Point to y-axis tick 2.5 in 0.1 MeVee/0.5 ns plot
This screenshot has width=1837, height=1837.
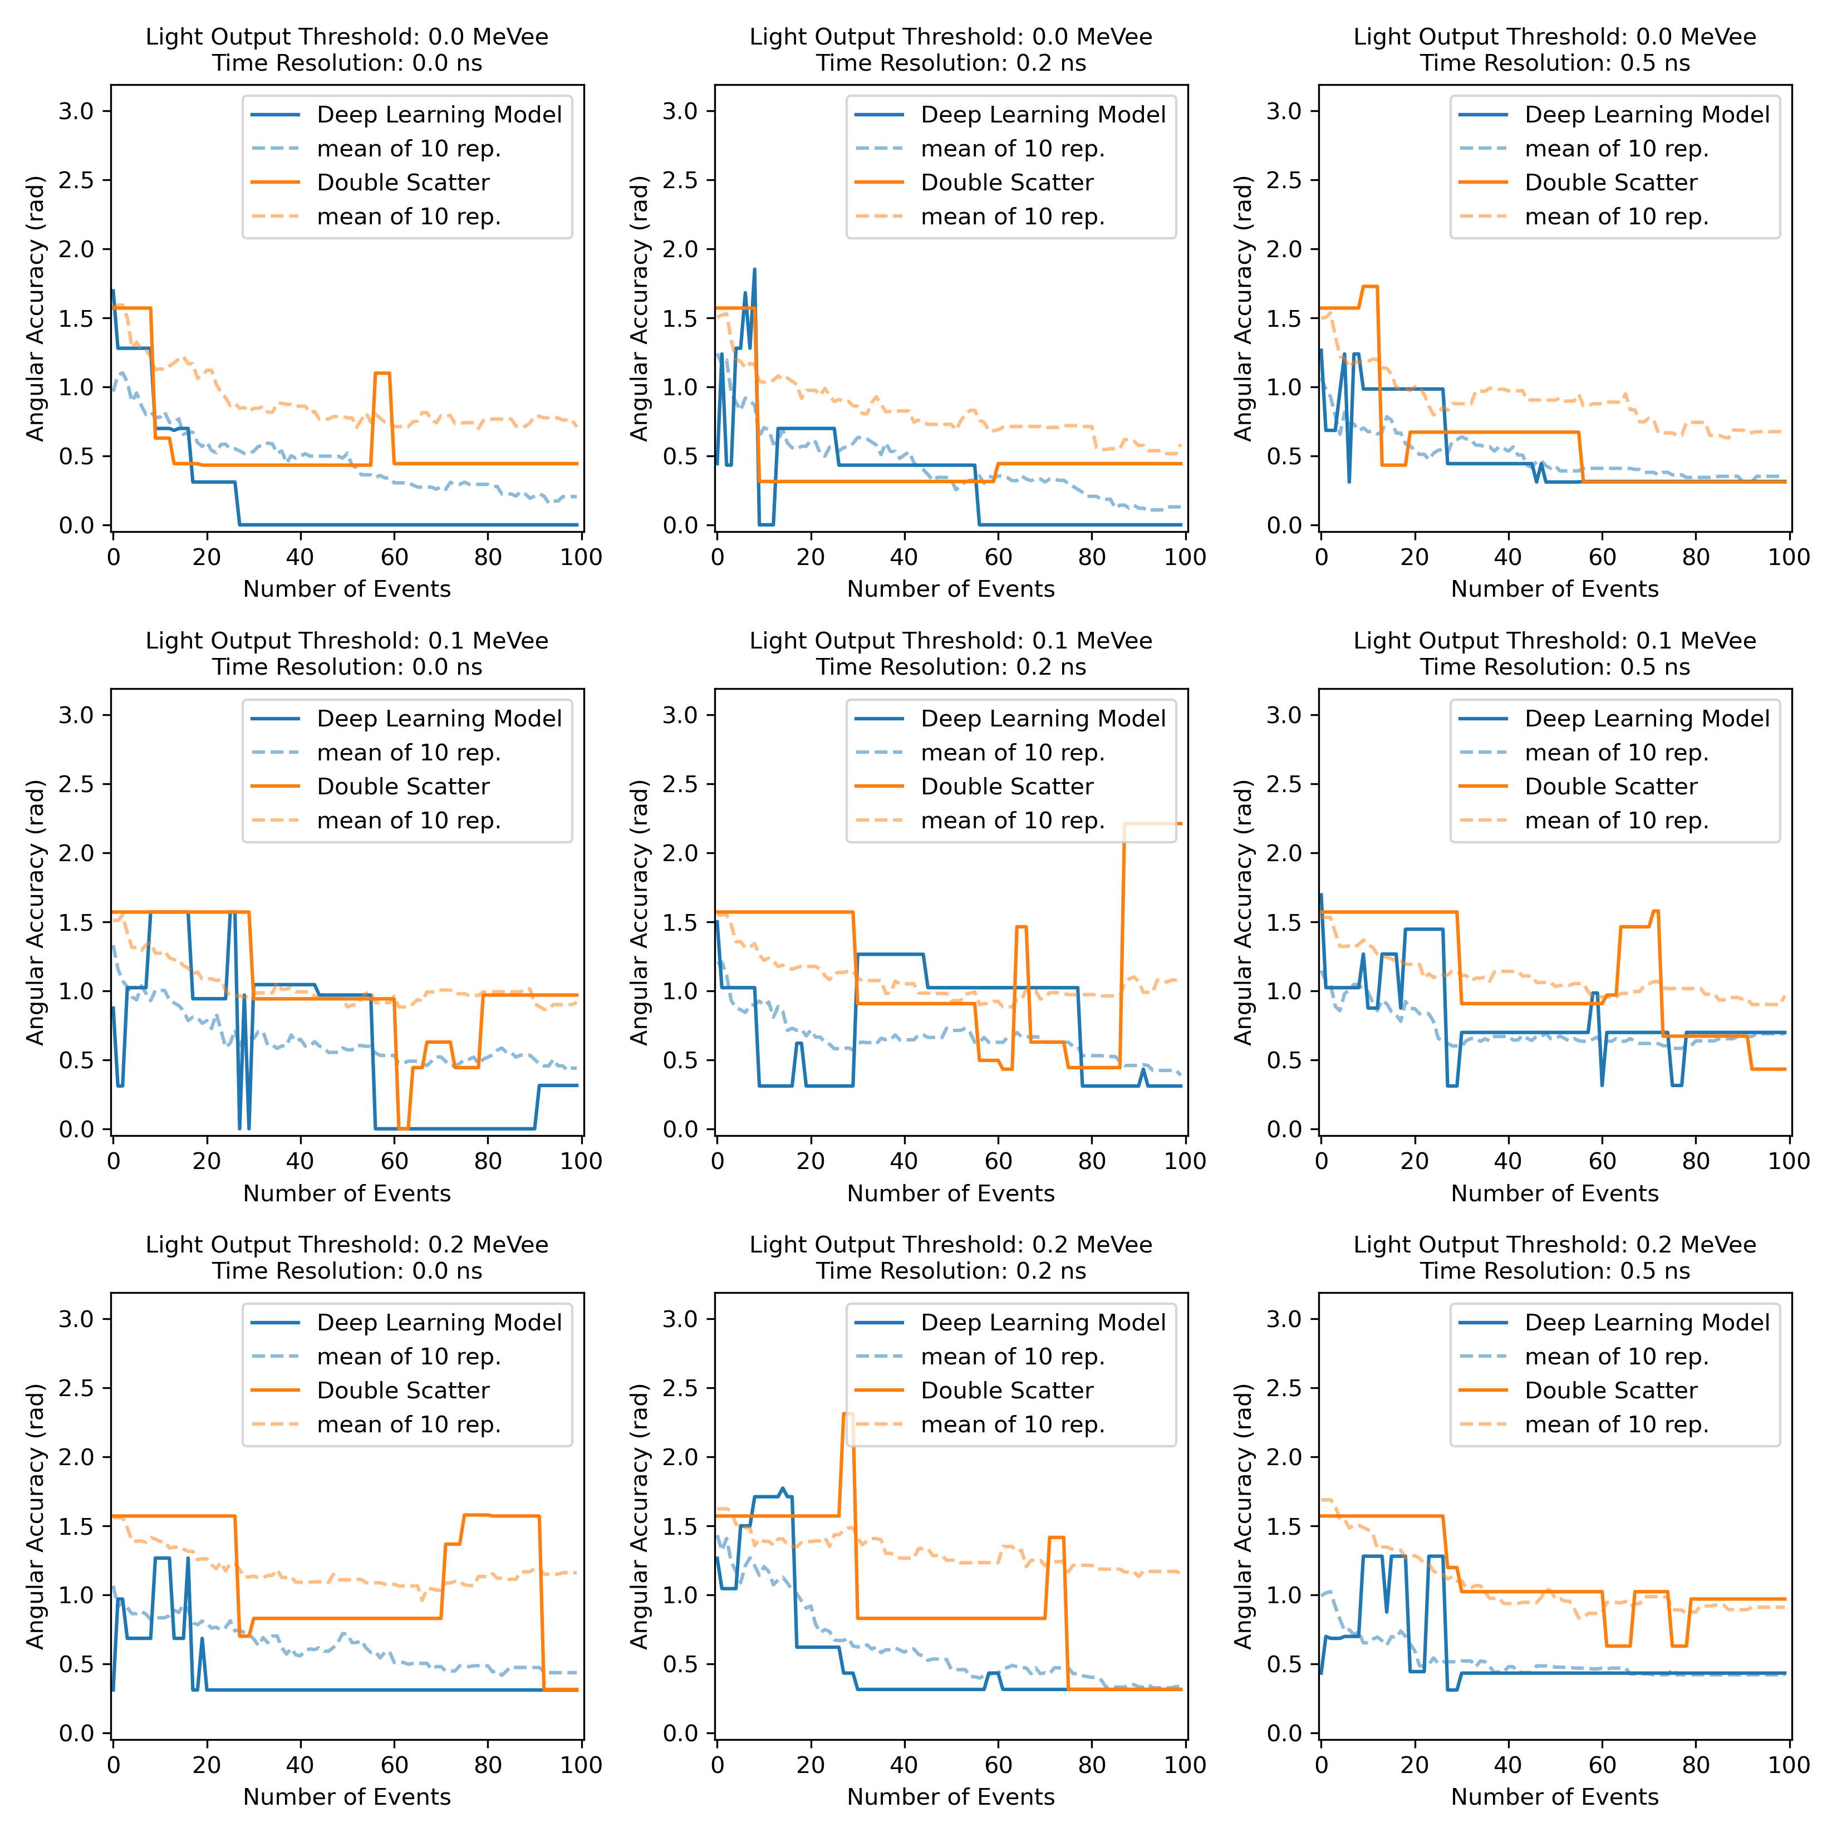click(x=1284, y=784)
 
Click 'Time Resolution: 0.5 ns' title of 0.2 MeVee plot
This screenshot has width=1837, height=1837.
click(x=1555, y=1271)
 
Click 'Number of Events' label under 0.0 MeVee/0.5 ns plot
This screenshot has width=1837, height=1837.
click(x=1555, y=590)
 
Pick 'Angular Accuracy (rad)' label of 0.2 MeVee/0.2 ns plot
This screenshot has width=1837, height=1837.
click(x=639, y=1516)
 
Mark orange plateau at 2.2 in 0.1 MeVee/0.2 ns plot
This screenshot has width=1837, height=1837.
click(x=1151, y=823)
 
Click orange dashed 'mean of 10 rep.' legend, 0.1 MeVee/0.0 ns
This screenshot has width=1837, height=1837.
click(x=408, y=821)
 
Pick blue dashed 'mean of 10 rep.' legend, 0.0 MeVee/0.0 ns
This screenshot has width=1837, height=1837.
click(x=408, y=149)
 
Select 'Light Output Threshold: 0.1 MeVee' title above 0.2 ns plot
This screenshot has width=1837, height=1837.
click(x=951, y=641)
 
